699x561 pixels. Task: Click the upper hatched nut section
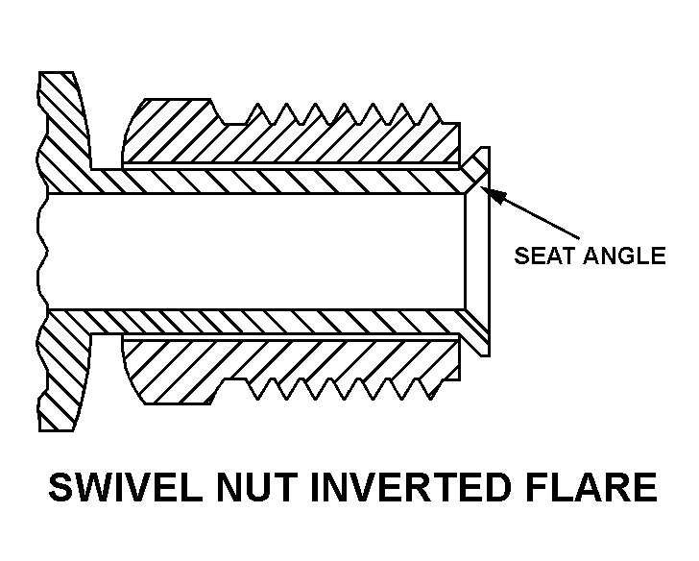click(x=288, y=139)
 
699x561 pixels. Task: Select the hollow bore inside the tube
click(x=259, y=252)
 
